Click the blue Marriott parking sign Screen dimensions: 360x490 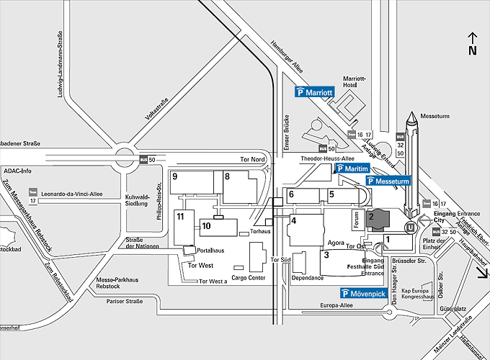click(315, 92)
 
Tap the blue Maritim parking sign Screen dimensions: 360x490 click(352, 168)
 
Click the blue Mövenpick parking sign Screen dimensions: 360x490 click(365, 293)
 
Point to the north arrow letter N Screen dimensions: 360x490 click(473, 50)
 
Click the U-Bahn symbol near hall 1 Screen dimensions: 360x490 click(411, 228)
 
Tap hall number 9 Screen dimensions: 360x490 click(175, 176)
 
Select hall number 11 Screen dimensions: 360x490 click(181, 216)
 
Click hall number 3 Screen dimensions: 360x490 click(326, 254)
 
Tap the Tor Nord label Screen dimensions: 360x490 click(253, 158)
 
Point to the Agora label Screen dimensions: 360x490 click(336, 243)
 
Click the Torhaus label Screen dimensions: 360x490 click(259, 232)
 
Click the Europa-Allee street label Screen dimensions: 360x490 click(338, 306)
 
